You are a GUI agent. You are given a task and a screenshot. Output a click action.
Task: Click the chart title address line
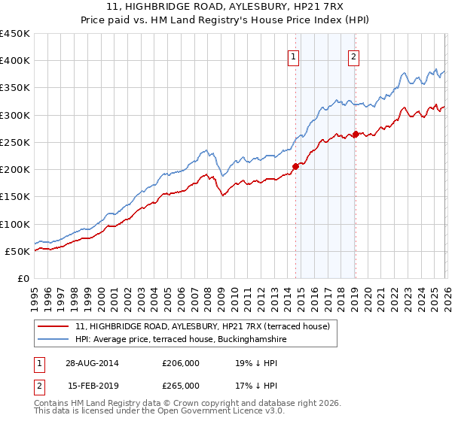click(226, 6)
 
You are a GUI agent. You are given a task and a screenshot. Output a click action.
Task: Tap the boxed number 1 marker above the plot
click(293, 55)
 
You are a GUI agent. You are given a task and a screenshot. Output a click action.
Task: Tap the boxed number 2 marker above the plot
click(353, 55)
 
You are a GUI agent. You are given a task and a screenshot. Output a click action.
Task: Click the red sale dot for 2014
click(295, 166)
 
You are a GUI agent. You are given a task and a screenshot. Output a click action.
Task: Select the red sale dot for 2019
click(355, 135)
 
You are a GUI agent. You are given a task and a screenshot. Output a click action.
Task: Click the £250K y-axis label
click(15, 142)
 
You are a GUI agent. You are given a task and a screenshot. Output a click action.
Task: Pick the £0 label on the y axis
click(23, 278)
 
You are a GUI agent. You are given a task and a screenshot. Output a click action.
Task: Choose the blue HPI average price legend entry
click(181, 340)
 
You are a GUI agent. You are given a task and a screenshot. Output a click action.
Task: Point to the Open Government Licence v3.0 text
click(227, 412)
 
